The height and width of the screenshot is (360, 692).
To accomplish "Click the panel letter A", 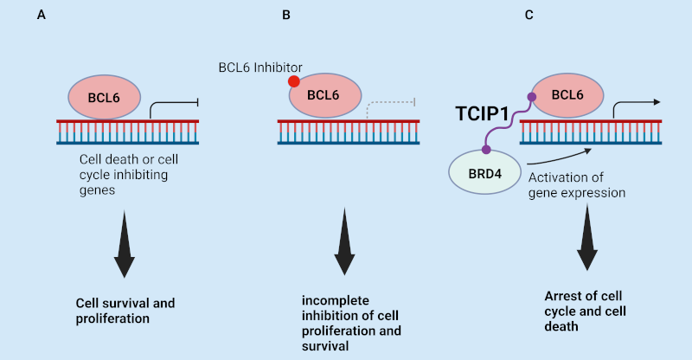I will (x=41, y=16).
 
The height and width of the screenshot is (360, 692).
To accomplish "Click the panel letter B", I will (x=285, y=16).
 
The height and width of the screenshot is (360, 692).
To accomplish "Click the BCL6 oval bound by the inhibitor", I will (x=324, y=94).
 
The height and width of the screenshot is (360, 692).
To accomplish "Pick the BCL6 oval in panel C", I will (x=567, y=94).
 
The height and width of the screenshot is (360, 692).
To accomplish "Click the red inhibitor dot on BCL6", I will (x=294, y=82).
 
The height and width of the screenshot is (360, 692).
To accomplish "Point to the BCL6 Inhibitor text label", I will (x=260, y=67).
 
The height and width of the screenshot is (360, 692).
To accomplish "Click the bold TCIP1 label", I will (x=483, y=113).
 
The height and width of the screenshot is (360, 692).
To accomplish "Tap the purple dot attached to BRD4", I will (x=486, y=150).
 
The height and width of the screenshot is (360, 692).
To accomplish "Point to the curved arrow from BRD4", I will (x=558, y=157).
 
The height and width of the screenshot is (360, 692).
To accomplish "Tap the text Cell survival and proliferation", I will (x=126, y=311).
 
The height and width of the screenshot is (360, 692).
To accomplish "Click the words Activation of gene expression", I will (x=575, y=185).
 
